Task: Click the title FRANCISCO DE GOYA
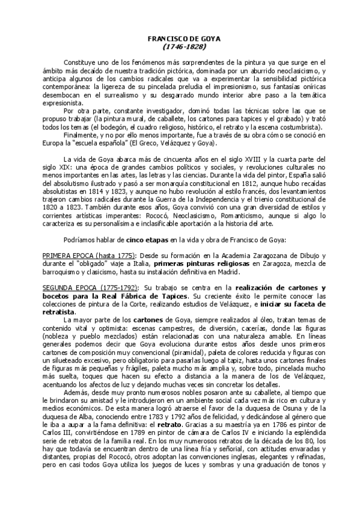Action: pos(185,38)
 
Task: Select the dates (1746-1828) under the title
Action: pos(185,46)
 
